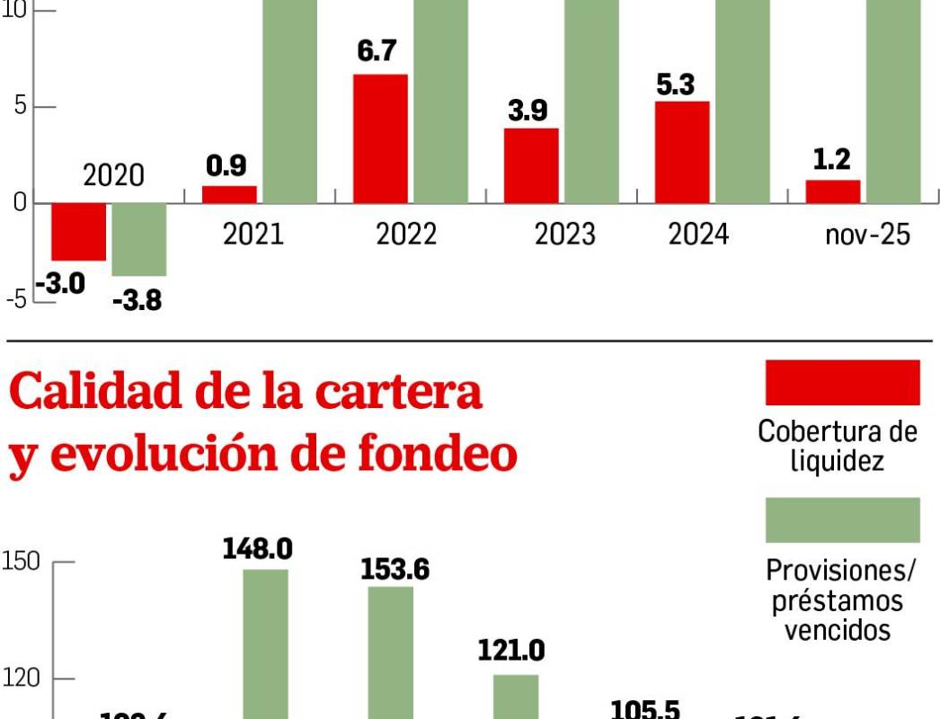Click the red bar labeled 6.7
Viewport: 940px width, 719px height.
coord(381,138)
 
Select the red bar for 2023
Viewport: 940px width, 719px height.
coord(531,165)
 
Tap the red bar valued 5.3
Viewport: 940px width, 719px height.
coord(682,152)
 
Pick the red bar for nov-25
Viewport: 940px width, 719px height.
coord(832,191)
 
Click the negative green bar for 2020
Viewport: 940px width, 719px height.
coord(138,239)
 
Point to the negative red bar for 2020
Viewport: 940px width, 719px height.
coord(78,232)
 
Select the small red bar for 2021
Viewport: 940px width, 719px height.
coord(229,194)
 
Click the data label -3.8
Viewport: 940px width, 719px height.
coord(137,299)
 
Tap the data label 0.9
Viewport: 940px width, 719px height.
coord(226,165)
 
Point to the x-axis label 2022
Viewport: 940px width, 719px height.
coord(405,235)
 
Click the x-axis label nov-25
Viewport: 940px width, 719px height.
coord(867,235)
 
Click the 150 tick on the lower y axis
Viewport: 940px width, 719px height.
coord(21,563)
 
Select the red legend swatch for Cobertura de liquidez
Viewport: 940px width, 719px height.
coord(842,383)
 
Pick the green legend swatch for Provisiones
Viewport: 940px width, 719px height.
coord(842,520)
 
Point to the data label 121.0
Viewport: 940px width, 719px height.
coord(511,650)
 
